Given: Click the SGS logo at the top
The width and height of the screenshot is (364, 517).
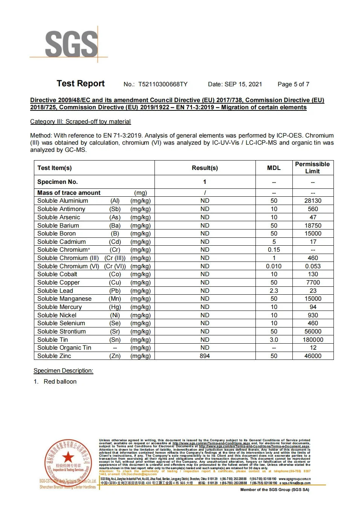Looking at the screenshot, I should pos(71,44).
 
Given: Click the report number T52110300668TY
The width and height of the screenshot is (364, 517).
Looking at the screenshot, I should pos(162,84).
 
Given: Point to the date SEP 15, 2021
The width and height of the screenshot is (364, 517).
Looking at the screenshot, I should pos(243,84).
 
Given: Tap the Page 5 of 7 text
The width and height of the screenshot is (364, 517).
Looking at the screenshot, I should pos(293,84).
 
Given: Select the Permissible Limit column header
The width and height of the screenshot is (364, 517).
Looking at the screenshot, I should pos(312,168).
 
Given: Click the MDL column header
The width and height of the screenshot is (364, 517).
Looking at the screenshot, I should pos(274,168).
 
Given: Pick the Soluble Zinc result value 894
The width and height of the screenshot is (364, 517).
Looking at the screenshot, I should pos(205,356).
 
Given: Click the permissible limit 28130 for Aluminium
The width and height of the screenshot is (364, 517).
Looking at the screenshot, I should pos(313,201).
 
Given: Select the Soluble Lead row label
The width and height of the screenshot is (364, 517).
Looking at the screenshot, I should pos(55,291).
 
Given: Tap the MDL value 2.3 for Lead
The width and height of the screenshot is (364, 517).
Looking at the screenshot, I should pos(274,291).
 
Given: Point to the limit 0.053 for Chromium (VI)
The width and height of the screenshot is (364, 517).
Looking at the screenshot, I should pos(313,266).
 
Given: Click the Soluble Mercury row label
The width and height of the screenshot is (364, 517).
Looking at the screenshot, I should pos(60,307).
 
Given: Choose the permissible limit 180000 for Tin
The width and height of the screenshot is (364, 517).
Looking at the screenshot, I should pos(313,340).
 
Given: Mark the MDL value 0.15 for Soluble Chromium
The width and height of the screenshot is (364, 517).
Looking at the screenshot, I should pos(274,250).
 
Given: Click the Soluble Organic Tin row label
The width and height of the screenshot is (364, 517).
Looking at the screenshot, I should pos(64,348).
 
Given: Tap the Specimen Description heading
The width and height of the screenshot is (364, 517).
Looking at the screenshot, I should pos(63,371).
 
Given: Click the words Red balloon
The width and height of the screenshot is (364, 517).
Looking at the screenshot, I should pos(60,382).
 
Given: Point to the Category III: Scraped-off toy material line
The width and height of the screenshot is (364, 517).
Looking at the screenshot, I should pos(80,122).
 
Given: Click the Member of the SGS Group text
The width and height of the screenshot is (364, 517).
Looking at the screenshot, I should pos(274,490).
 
